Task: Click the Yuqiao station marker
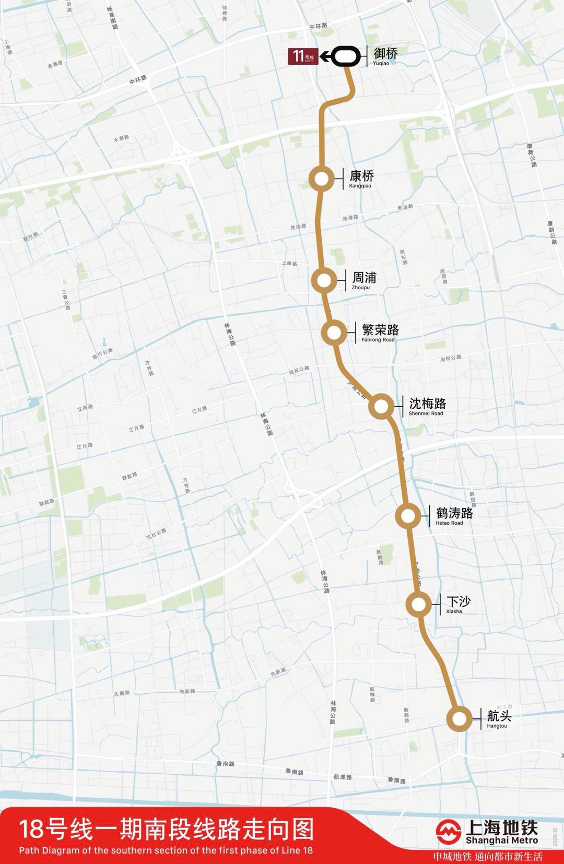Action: (346, 57)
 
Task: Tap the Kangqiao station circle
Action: (322, 179)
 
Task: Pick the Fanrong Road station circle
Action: (334, 333)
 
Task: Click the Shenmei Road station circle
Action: (381, 406)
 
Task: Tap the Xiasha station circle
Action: (419, 605)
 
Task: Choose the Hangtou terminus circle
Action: (460, 719)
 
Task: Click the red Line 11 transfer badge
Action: (303, 56)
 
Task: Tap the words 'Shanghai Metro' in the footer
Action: (501, 841)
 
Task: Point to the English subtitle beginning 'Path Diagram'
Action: (166, 850)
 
